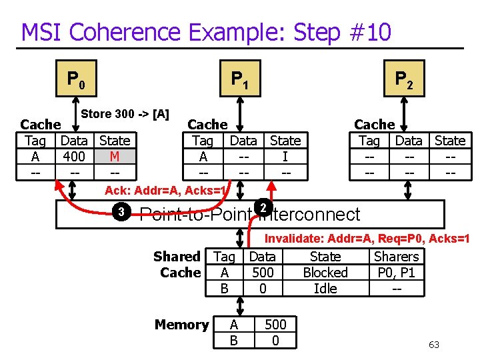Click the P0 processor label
(75, 81)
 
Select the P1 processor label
(239, 81)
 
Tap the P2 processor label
(403, 81)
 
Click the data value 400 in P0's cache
(74, 157)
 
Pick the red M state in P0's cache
(115, 157)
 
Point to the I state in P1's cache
(285, 157)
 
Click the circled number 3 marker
(121, 213)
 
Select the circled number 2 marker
(264, 208)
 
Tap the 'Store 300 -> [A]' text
(125, 114)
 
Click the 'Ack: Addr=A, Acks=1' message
(167, 191)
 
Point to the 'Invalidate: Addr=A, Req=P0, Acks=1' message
(367, 239)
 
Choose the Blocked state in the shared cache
(325, 273)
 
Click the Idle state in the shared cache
(325, 289)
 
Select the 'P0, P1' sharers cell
(397, 273)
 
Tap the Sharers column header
(397, 257)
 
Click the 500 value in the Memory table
(275, 325)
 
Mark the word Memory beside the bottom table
(182, 325)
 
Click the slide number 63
(434, 345)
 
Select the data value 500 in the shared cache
(263, 273)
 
